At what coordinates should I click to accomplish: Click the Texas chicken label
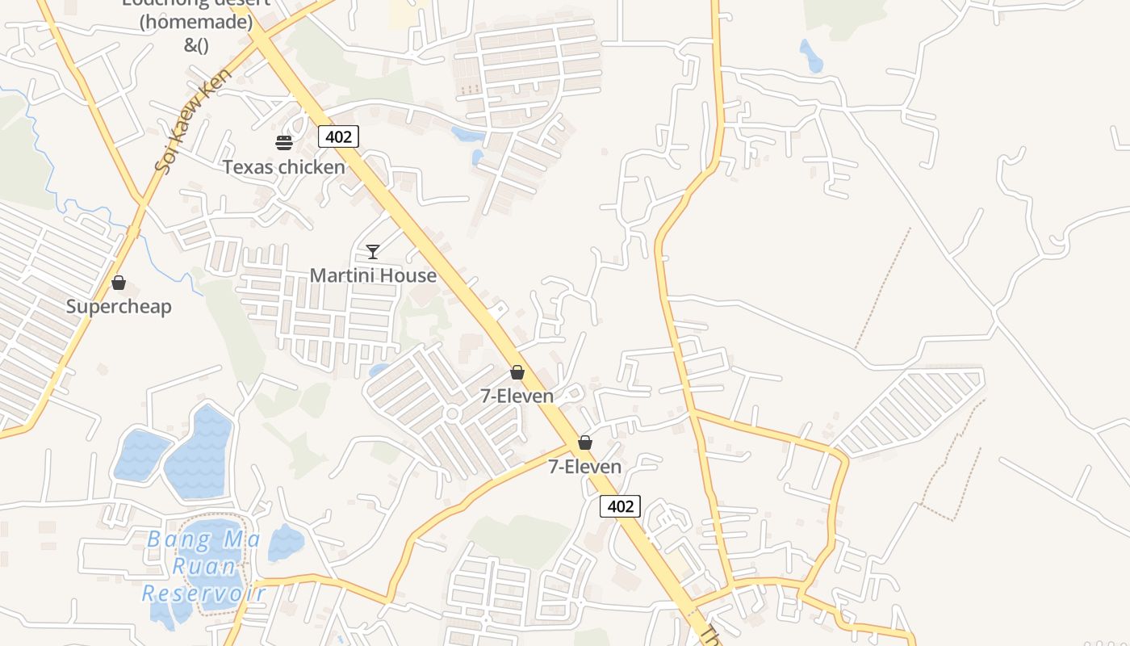(x=283, y=167)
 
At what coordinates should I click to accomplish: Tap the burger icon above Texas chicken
(x=283, y=143)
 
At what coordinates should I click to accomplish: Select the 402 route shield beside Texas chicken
(x=338, y=136)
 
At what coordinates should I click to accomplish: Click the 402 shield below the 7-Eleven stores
(x=620, y=506)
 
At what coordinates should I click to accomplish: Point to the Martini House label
(x=373, y=275)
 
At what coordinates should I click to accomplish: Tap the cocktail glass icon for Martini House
(x=372, y=251)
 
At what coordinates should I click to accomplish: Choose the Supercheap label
(x=119, y=307)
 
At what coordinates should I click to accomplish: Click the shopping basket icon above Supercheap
(x=119, y=283)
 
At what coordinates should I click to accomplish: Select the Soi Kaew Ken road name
(x=194, y=120)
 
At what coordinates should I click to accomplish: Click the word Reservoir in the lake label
(x=203, y=594)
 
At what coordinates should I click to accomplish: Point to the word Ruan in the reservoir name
(x=205, y=566)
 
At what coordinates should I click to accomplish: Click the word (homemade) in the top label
(x=196, y=23)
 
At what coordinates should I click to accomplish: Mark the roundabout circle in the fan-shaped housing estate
(x=452, y=414)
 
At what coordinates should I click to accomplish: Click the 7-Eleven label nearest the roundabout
(x=517, y=396)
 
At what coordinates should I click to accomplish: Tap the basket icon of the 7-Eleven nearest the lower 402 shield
(x=585, y=443)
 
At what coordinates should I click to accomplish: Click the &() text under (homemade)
(x=196, y=45)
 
